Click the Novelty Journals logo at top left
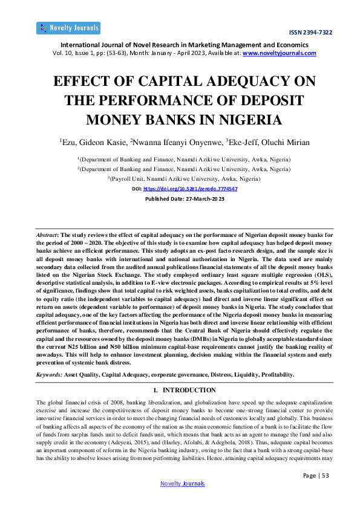(68, 28)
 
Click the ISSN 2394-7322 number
(312, 32)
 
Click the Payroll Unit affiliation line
(180, 179)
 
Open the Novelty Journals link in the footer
(182, 484)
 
